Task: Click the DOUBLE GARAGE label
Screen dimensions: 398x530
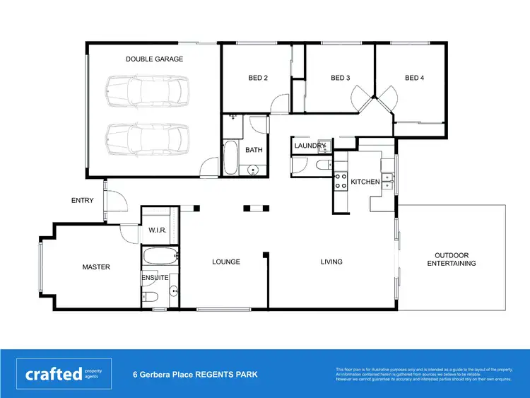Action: click(154, 59)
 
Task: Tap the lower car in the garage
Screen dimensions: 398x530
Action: click(148, 139)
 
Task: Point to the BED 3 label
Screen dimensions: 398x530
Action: click(341, 78)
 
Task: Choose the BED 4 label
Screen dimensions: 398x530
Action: click(414, 78)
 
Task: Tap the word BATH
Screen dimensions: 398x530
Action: click(254, 150)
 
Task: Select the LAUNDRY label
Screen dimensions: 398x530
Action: click(310, 146)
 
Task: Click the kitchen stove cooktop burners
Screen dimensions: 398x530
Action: click(341, 181)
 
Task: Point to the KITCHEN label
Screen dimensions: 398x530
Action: click(365, 182)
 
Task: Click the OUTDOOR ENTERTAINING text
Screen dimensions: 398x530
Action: click(452, 259)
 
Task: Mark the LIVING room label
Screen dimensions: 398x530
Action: click(331, 262)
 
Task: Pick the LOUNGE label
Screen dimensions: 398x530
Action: click(226, 262)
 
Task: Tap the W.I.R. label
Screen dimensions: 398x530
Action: click(157, 230)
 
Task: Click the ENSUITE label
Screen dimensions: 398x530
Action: click(155, 278)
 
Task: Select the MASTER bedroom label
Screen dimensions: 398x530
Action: click(96, 267)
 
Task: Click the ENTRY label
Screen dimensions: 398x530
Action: click(83, 201)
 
